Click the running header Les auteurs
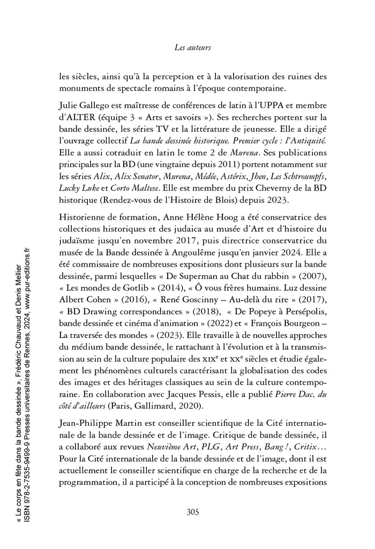[193, 48]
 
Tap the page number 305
[193, 511]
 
